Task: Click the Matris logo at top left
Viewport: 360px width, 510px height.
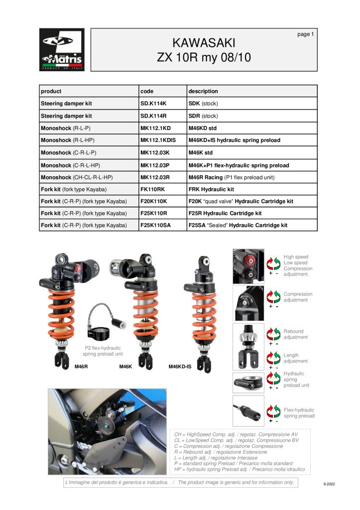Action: point(62,50)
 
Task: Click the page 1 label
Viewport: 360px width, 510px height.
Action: point(305,34)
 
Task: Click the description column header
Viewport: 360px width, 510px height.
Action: point(203,91)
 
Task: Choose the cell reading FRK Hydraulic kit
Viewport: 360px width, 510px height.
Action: point(211,189)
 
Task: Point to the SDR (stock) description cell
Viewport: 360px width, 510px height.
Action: point(203,116)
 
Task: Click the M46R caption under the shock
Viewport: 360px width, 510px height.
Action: point(81,367)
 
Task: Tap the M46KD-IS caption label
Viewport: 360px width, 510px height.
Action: point(180,367)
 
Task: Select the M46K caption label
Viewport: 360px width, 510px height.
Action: point(125,367)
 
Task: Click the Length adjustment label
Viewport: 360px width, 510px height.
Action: point(296,358)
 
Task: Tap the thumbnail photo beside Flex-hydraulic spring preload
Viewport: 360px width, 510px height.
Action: point(248,410)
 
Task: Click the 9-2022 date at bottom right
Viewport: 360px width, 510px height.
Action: point(330,484)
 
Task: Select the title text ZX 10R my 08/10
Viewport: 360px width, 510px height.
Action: point(203,57)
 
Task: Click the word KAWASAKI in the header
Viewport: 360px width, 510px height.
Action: point(203,42)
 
